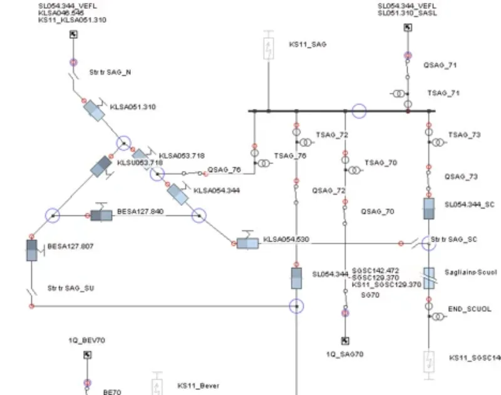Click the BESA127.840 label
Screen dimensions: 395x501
point(140,212)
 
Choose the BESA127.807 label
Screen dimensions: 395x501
point(70,247)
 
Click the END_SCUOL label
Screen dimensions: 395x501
point(470,309)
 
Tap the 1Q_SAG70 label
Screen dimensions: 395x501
point(344,354)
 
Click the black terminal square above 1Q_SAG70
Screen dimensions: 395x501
point(344,341)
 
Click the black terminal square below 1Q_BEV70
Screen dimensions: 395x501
point(87,355)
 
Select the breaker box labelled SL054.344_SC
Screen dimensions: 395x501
point(429,208)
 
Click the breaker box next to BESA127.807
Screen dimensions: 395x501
point(31,250)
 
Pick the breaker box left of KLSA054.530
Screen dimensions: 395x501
point(247,243)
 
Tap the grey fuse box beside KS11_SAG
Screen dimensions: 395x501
point(268,49)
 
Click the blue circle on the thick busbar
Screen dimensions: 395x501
point(359,111)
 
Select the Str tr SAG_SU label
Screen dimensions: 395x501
point(70,289)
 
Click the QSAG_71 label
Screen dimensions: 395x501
point(440,64)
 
